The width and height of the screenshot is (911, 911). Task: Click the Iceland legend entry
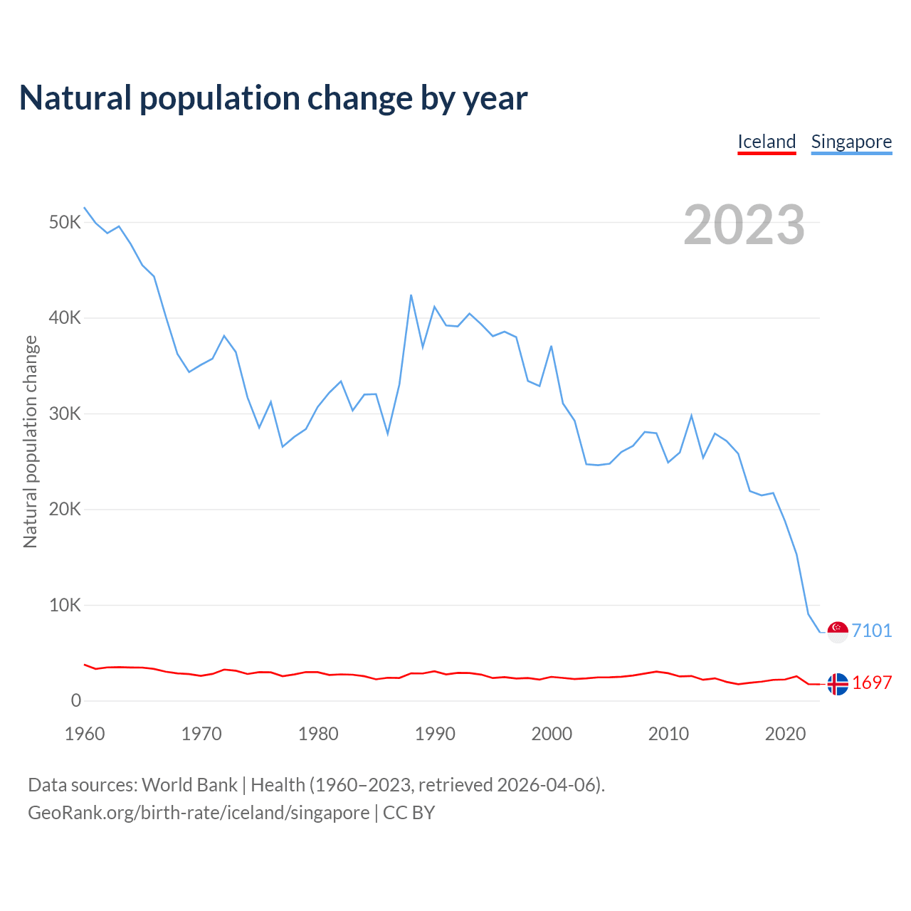point(767,142)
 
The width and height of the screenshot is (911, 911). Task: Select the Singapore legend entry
point(851,142)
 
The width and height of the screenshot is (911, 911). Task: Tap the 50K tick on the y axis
point(65,223)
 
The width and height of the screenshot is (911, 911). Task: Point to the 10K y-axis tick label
point(65,606)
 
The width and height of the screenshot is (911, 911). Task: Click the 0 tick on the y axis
point(76,701)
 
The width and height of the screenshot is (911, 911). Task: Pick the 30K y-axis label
point(65,414)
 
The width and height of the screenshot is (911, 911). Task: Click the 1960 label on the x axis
point(85,734)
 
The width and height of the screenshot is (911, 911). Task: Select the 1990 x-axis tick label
point(435,734)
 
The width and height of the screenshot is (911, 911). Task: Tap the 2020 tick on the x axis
point(785,734)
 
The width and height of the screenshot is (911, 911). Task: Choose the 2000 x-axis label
point(552,734)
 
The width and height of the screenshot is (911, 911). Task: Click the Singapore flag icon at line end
point(838,631)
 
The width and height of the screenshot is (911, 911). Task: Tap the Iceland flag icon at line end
point(838,684)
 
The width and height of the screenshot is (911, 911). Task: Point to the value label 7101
point(872,631)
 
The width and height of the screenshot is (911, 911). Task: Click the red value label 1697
point(872,683)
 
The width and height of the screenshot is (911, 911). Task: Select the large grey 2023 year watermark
point(744,225)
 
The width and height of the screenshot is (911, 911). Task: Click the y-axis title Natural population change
point(31,441)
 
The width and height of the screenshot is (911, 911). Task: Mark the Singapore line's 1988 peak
point(411,295)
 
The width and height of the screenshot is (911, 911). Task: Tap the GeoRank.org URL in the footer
point(199,813)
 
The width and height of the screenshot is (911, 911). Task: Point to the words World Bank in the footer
point(189,785)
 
